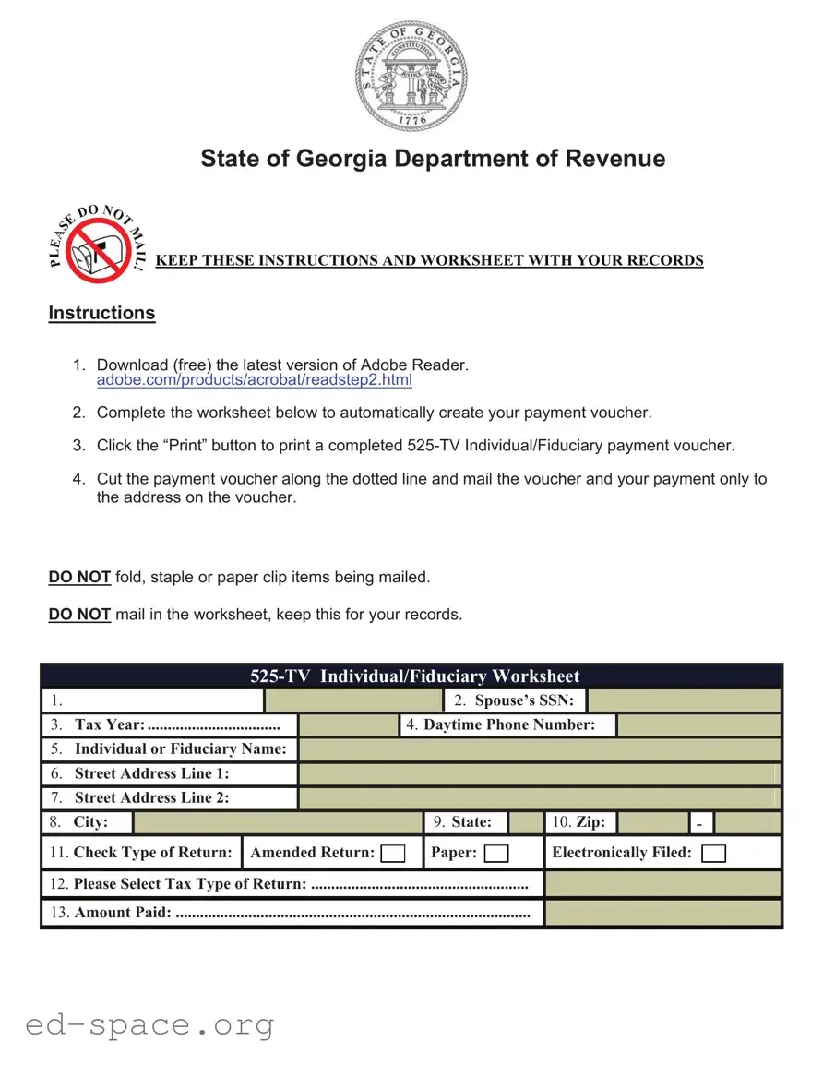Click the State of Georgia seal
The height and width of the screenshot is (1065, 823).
point(411,76)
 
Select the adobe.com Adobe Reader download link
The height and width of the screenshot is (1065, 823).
point(254,380)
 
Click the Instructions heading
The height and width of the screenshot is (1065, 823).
point(101,313)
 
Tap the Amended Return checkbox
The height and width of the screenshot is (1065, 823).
point(393,854)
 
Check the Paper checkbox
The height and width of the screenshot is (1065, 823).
point(496,854)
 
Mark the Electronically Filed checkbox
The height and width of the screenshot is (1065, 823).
point(713,854)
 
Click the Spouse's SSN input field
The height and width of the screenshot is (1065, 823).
point(684,700)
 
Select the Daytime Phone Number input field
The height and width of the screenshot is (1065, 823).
point(698,725)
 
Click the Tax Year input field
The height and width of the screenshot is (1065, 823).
point(348,725)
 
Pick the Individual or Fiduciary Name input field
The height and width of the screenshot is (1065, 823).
point(540,749)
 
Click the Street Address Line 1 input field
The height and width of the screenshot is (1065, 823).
point(540,774)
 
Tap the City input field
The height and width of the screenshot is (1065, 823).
point(278,822)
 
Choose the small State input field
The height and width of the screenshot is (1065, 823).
point(526,822)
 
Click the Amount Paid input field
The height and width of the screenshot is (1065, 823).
point(662,913)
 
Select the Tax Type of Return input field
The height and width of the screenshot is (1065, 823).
point(662,884)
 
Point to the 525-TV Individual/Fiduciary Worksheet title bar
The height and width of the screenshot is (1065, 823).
point(412,676)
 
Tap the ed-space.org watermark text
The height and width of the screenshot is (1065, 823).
point(149,1024)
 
